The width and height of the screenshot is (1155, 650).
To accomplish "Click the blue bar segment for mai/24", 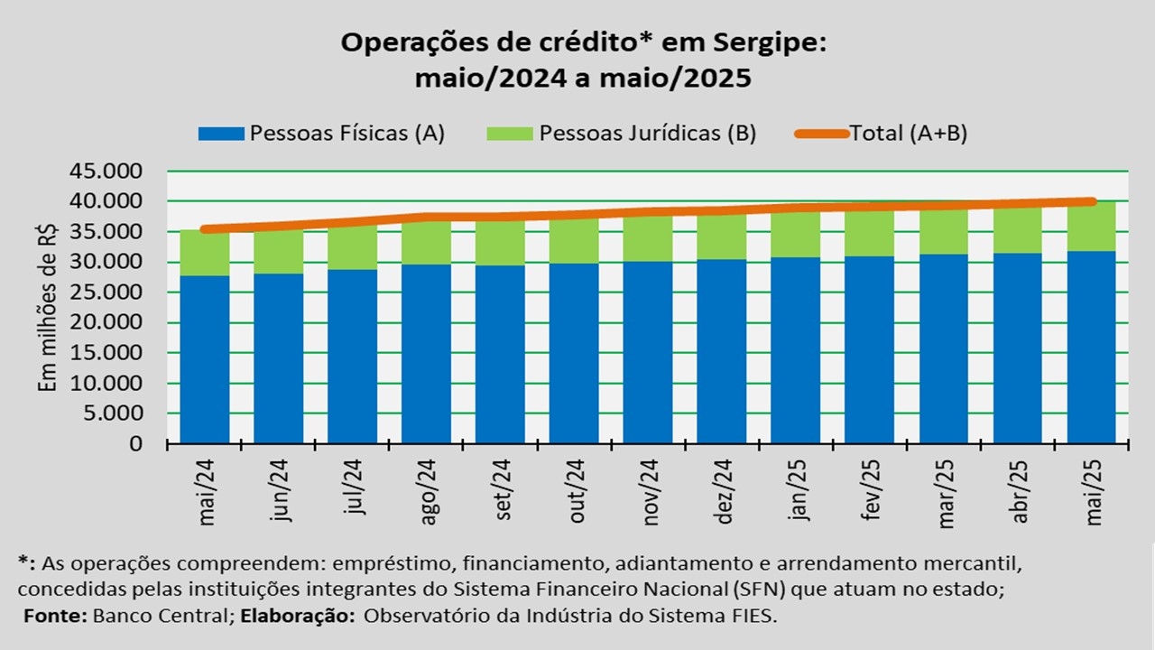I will click(x=204, y=359).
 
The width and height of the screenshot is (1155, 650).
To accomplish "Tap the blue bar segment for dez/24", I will click(x=722, y=351).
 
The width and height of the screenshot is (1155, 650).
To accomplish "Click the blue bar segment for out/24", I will click(x=574, y=353).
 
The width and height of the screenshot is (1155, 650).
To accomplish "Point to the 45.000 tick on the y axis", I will click(x=106, y=171).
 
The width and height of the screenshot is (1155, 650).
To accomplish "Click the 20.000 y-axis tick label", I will click(x=106, y=322).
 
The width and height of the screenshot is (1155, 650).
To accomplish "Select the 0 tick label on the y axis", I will click(x=135, y=443).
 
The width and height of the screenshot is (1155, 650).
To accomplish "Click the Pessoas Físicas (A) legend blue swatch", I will click(x=220, y=134).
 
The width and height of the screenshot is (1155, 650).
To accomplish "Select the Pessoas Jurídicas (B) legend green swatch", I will click(x=510, y=134).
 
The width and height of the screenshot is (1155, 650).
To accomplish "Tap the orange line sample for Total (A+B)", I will click(x=821, y=134).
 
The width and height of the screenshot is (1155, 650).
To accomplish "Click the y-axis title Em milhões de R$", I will click(x=48, y=307).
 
